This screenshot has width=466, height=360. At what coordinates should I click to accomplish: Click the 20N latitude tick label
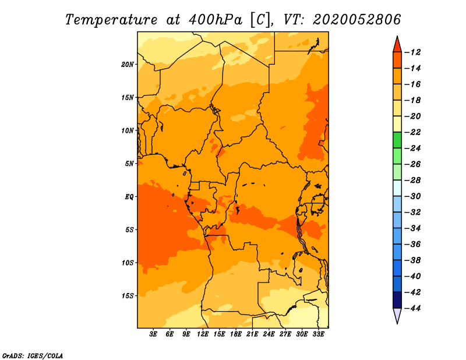pyautogui.click(x=128, y=65)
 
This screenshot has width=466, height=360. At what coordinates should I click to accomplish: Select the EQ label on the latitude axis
pyautogui.click(x=129, y=197)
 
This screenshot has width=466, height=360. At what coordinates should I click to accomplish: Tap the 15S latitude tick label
pyautogui.click(x=128, y=296)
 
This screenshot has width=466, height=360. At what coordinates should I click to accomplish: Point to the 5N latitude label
pyautogui.click(x=129, y=164)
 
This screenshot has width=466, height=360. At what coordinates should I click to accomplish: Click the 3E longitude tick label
pyautogui.click(x=153, y=334)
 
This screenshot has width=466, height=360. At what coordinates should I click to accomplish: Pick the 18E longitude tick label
pyautogui.click(x=236, y=334)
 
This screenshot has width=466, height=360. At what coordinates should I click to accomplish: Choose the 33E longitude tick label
pyautogui.click(x=318, y=334)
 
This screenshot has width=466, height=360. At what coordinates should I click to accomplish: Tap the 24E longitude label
pyautogui.click(x=269, y=334)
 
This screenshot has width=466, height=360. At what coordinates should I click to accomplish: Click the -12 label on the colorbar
pyautogui.click(x=412, y=52)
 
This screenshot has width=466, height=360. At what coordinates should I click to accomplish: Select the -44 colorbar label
pyautogui.click(x=412, y=308)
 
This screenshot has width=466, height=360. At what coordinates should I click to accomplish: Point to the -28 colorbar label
pyautogui.click(x=412, y=180)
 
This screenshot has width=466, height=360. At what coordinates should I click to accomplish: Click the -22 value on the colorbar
pyautogui.click(x=412, y=132)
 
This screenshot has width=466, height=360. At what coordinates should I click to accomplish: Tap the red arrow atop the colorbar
pyautogui.click(x=397, y=45)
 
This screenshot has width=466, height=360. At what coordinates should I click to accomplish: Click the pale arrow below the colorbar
pyautogui.click(x=397, y=315)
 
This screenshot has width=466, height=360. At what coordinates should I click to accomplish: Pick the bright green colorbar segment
pyautogui.click(x=397, y=140)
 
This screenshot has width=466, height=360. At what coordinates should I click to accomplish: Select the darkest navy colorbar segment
pyautogui.click(x=397, y=300)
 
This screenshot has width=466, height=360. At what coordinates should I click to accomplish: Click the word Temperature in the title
pyautogui.click(x=111, y=20)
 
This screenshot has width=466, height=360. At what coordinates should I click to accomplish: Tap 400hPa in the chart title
pyautogui.click(x=215, y=20)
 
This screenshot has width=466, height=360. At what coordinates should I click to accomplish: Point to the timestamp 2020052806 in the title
pyautogui.click(x=357, y=20)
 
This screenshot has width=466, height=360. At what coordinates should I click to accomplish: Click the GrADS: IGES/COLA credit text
pyautogui.click(x=33, y=356)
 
